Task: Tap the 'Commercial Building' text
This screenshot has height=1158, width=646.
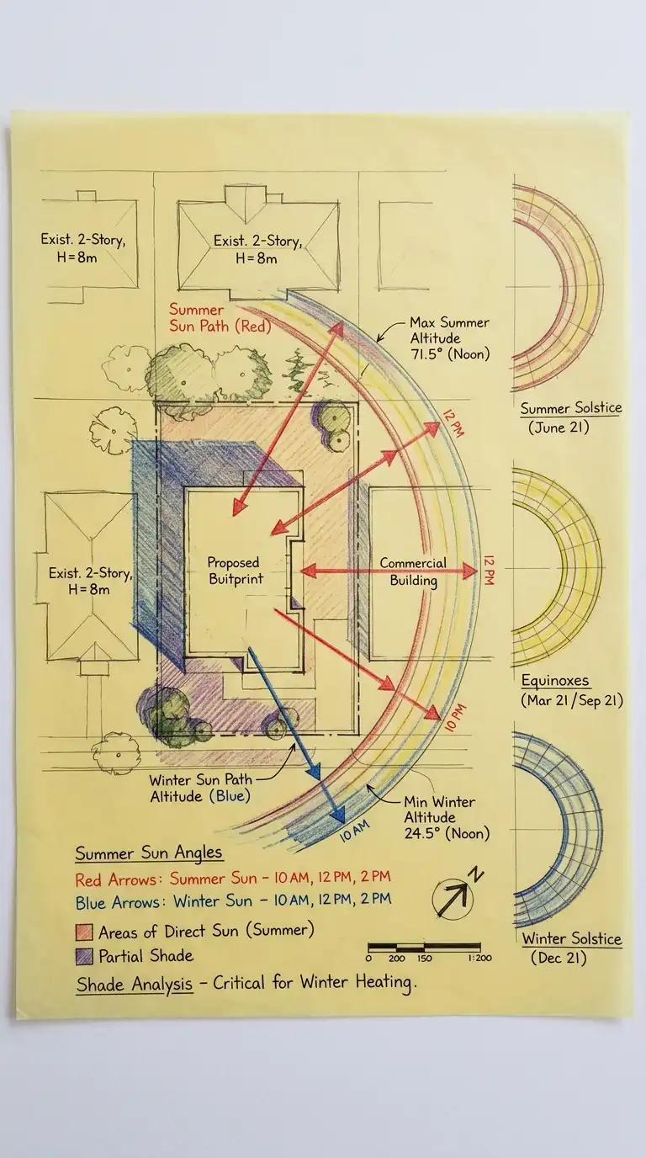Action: [413, 571]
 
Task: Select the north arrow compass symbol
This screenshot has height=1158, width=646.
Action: [454, 898]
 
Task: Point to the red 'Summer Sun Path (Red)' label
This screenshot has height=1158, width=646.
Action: [220, 318]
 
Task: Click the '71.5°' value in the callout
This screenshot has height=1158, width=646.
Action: [426, 354]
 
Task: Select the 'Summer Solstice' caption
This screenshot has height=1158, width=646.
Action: [571, 408]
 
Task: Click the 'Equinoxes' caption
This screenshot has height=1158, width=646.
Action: [555, 681]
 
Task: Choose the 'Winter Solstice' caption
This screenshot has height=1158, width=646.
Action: [571, 938]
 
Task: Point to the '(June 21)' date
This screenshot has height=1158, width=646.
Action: [559, 427]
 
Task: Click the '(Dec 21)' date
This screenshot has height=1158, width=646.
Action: [559, 957]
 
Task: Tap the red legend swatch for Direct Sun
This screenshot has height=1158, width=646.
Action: [84, 932]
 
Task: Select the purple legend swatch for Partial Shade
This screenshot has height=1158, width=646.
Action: [84, 956]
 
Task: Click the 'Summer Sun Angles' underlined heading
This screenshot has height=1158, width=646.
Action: [149, 853]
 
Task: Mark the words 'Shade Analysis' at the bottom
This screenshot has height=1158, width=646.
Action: [134, 984]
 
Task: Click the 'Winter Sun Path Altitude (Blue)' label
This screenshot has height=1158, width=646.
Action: [199, 788]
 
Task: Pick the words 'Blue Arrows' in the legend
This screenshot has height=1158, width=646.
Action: [116, 903]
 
